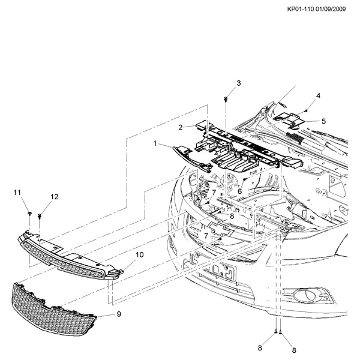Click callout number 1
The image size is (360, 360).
[155, 144]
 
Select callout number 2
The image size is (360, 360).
[180, 127]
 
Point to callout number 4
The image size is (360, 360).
[318, 95]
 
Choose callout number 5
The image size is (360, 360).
[323, 121]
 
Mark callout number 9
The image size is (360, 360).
[119, 313]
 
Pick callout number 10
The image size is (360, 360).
[139, 255]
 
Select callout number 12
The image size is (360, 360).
[55, 197]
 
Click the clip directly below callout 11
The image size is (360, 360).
[29, 213]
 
